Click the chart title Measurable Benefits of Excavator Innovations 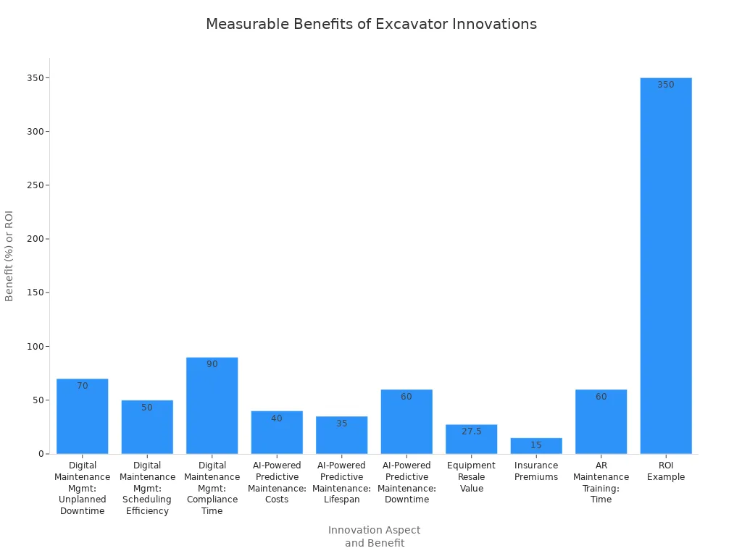[x=371, y=24]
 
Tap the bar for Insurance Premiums [x=536, y=446]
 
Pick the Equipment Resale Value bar [x=471, y=439]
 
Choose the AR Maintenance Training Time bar [x=601, y=424]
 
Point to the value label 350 [x=666, y=85]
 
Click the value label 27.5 [x=471, y=431]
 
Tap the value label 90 [x=212, y=364]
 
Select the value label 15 [x=536, y=445]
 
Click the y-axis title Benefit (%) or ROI [x=9, y=256]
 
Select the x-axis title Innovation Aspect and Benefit [x=374, y=536]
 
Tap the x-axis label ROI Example [x=666, y=471]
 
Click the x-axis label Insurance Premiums [x=536, y=471]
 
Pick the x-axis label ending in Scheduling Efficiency [x=147, y=488]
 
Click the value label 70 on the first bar [x=83, y=386]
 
